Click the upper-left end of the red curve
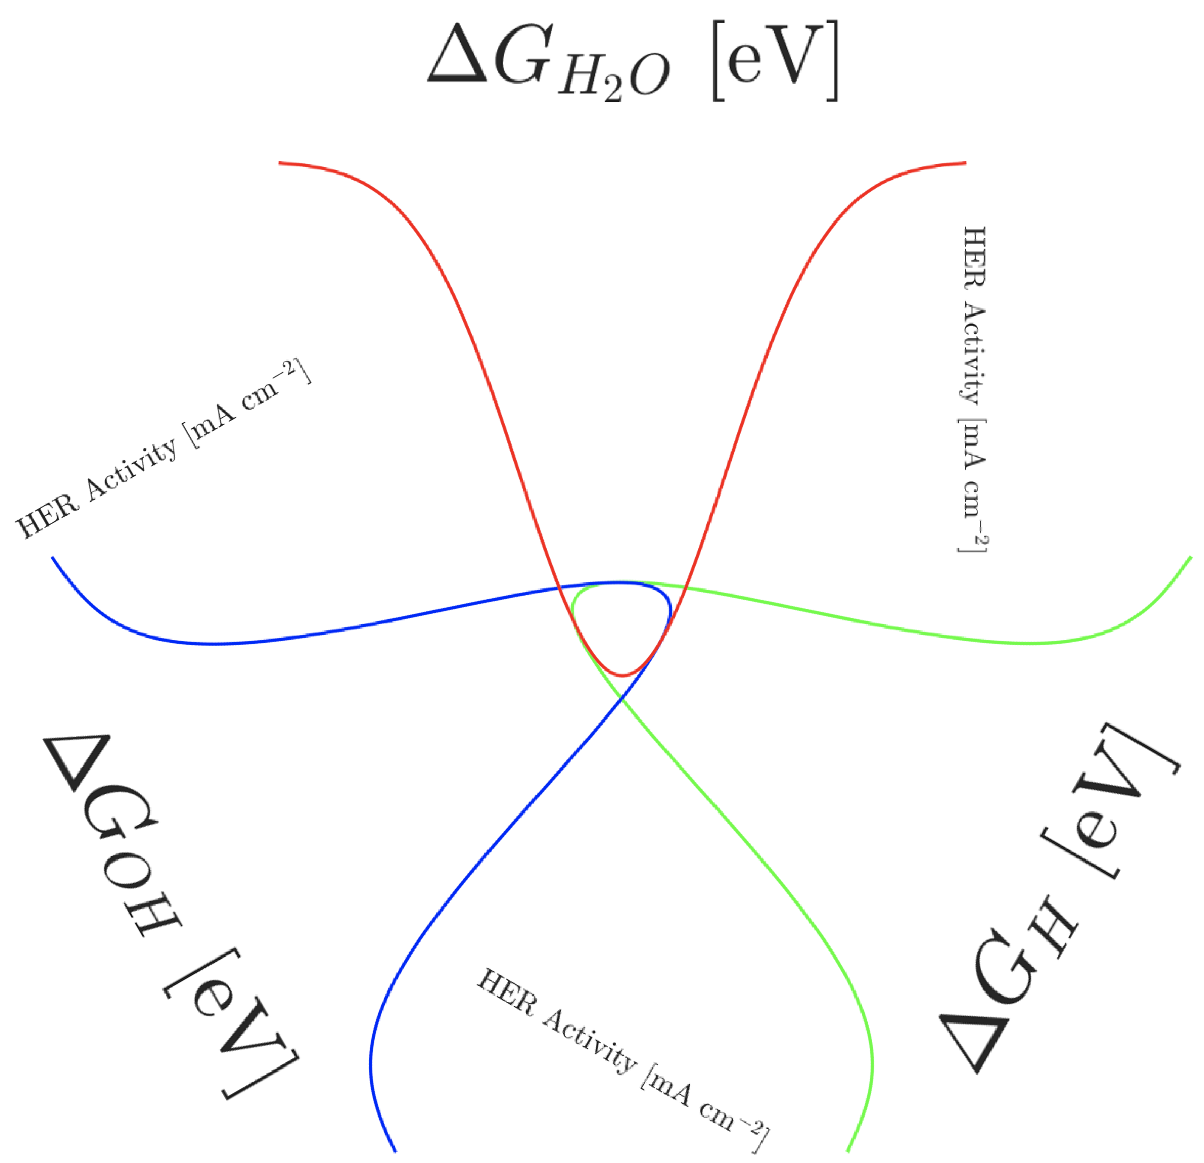pos(280,163)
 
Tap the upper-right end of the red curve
pos(965,163)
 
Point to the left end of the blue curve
pos(53,558)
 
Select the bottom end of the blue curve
pos(395,1151)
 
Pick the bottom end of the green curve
pos(848,1151)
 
